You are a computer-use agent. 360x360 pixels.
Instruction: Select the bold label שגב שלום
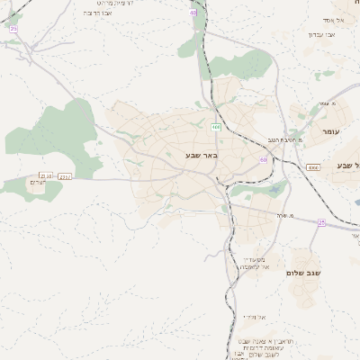coord(303,273)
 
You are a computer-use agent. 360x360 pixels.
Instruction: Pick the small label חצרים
coord(37,183)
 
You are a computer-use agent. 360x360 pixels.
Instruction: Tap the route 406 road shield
coord(216,128)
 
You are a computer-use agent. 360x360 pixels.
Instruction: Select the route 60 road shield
coord(263,160)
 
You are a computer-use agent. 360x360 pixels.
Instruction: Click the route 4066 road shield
coord(313,167)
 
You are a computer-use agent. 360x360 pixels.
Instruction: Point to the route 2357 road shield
coord(64,177)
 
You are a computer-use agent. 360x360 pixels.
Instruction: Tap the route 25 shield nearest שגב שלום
coord(321,222)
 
